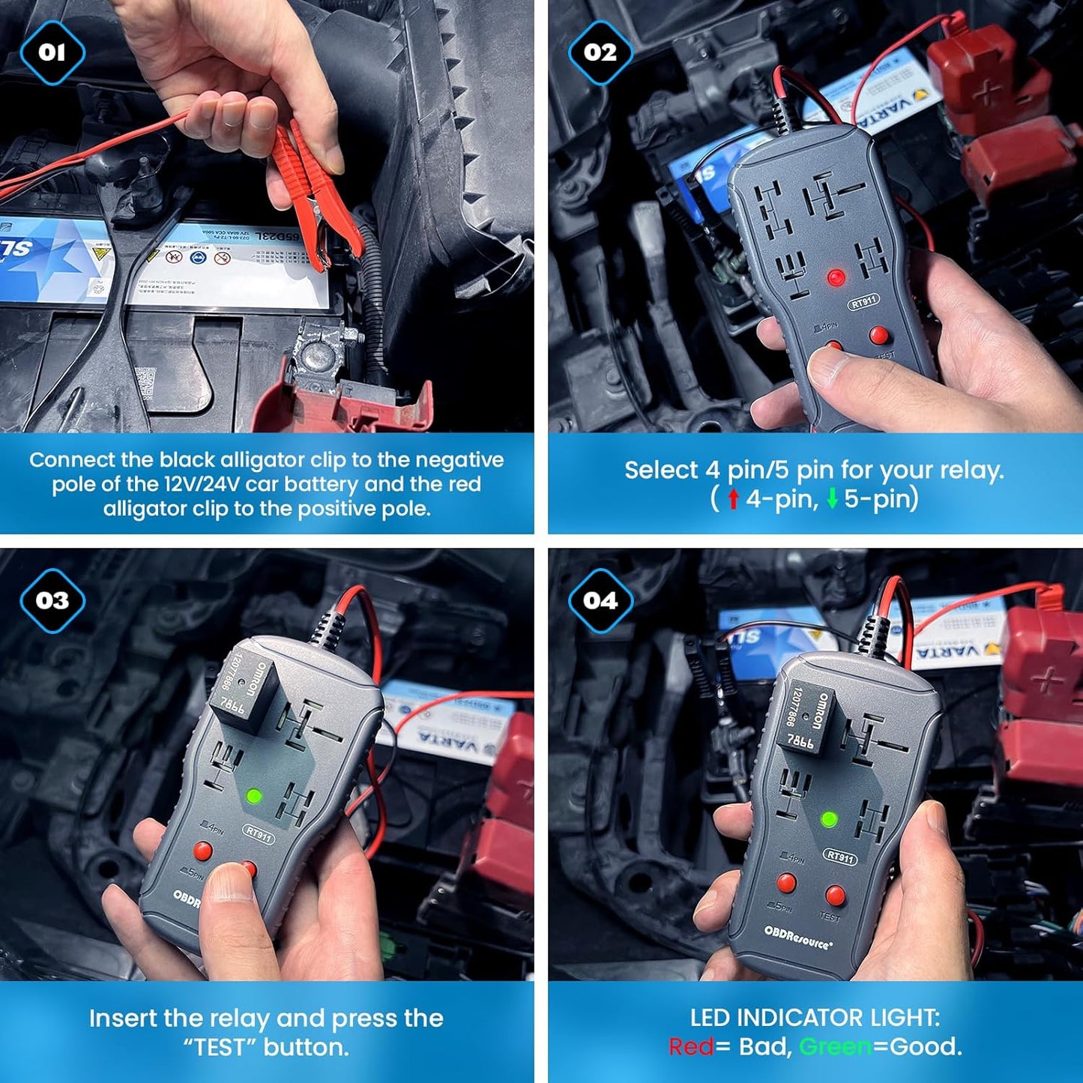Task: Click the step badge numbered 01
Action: click(52, 52)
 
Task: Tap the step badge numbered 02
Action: click(600, 52)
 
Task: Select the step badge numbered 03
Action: click(52, 600)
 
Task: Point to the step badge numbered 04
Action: click(600, 600)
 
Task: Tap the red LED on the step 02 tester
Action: click(836, 278)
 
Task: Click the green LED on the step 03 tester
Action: click(254, 795)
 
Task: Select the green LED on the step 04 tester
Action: click(829, 819)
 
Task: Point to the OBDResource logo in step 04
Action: click(798, 938)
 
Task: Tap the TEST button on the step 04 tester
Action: click(835, 895)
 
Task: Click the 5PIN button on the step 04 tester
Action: click(786, 883)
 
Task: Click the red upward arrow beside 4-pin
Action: click(734, 498)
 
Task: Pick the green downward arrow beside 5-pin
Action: click(832, 498)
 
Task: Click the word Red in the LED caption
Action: click(690, 1046)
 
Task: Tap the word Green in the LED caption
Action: click(836, 1046)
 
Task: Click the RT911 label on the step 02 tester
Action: click(863, 302)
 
